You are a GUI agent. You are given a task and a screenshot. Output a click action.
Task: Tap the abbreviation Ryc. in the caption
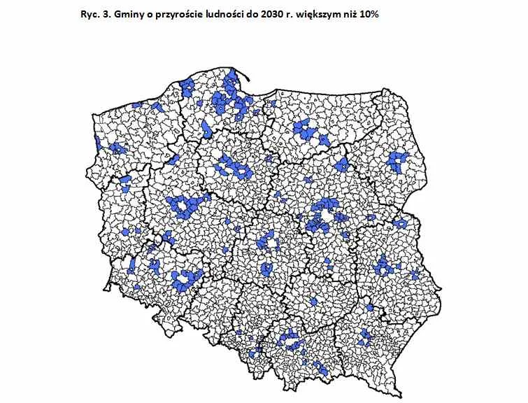tap(92, 15)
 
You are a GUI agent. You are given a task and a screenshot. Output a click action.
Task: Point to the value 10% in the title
tap(366, 15)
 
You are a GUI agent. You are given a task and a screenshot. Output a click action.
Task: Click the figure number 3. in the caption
tap(108, 15)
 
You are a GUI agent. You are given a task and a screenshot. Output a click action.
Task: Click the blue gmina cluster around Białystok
tap(398, 162)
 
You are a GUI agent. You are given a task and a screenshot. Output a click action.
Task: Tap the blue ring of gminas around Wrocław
tap(186, 277)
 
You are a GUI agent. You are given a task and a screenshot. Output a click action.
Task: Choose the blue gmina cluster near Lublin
tap(383, 267)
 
